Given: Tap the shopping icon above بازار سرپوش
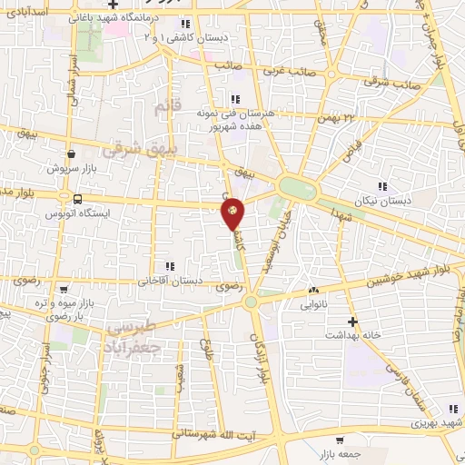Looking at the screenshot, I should click(71, 155).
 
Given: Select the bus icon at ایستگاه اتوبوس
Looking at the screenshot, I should click(77, 199).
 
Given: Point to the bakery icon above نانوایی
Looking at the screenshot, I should click(314, 290).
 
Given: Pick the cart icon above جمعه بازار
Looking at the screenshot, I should click(339, 440).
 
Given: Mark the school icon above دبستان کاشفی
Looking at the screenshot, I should click(185, 25).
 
